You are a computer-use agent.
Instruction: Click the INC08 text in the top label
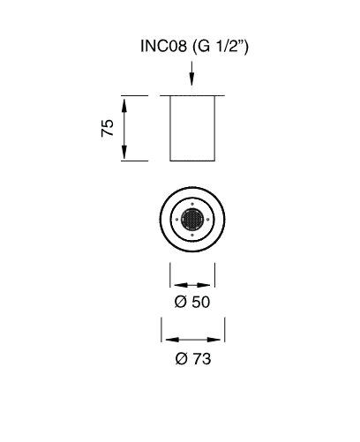(x=163, y=46)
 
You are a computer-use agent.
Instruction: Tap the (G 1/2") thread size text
(x=221, y=47)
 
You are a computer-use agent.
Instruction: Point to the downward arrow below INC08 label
(x=191, y=73)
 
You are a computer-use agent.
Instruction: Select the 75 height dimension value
(x=107, y=128)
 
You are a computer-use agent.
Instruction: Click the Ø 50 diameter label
(x=192, y=302)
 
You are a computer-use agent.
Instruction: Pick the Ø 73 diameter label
(x=193, y=359)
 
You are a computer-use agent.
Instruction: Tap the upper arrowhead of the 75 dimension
(x=124, y=106)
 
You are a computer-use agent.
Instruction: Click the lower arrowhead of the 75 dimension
(x=124, y=152)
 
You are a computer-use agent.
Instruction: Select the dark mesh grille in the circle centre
(x=192, y=220)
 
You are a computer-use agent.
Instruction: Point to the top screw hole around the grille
(x=192, y=204)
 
